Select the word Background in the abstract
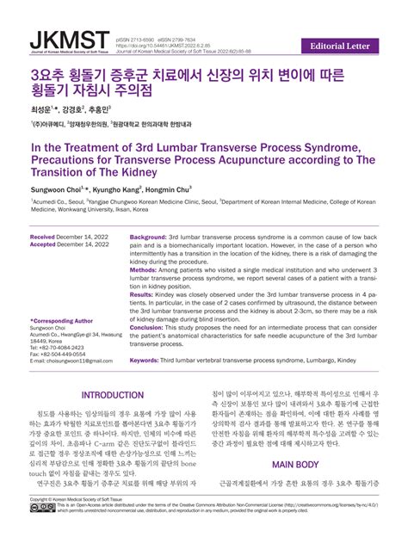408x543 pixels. (148, 236)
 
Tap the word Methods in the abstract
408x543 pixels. (144, 269)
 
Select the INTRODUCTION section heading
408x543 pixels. (113, 395)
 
